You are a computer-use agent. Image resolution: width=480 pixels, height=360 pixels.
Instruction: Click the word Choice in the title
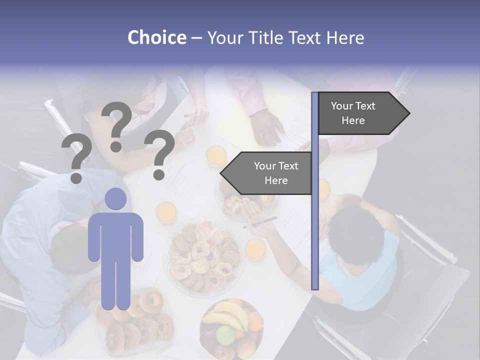click(x=156, y=37)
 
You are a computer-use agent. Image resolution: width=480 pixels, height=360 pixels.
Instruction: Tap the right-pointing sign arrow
click(x=363, y=113)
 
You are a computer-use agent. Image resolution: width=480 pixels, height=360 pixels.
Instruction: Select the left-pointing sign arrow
click(x=266, y=173)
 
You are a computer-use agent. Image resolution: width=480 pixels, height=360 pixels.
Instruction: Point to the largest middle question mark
click(x=117, y=125)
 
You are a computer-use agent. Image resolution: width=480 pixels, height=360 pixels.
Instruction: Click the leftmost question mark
click(x=76, y=158)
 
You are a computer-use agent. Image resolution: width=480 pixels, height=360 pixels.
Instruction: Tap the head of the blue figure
click(x=115, y=199)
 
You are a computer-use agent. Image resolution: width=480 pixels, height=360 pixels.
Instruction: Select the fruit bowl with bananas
click(x=230, y=327)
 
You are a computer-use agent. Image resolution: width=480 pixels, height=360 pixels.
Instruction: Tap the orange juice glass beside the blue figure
click(x=166, y=212)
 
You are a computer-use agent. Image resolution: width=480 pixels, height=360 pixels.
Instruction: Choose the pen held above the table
click(x=260, y=222)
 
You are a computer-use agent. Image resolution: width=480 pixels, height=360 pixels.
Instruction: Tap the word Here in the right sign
click(x=353, y=120)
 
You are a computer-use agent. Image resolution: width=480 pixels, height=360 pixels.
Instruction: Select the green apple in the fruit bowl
click(x=225, y=334)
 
